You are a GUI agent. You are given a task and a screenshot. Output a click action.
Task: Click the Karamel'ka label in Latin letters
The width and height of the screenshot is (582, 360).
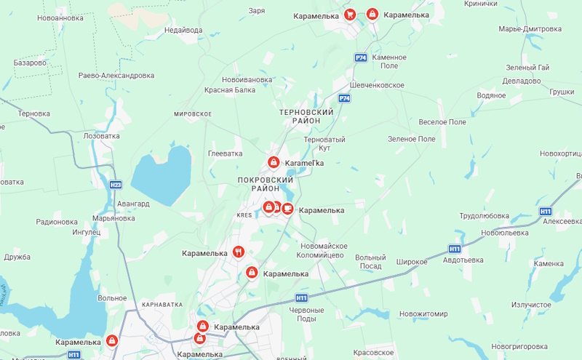[303, 163]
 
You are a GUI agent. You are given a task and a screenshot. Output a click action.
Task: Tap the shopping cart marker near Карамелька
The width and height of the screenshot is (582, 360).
[350, 14]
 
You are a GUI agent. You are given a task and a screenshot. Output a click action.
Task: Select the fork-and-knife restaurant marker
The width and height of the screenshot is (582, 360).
[238, 252]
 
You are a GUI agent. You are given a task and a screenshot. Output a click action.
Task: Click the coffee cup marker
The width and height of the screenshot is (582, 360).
[287, 209]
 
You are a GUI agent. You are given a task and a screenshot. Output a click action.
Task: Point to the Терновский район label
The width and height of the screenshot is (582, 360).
[306, 116]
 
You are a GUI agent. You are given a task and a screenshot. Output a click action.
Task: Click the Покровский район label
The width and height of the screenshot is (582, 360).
[265, 184]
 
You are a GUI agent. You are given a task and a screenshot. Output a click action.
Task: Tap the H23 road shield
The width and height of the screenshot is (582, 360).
[116, 185]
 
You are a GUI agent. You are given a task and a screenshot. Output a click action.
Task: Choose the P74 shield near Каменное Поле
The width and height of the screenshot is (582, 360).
[361, 57]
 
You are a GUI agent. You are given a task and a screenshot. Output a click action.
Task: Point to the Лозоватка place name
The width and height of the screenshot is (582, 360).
[102, 136]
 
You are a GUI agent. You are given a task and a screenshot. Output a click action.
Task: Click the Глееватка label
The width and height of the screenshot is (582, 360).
[225, 153]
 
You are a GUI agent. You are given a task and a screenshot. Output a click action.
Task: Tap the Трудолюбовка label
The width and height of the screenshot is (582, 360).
[484, 215]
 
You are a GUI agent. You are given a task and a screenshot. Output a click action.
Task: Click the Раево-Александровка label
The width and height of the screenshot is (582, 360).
[116, 75]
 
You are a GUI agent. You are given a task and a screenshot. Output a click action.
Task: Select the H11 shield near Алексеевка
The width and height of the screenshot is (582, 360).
[546, 211]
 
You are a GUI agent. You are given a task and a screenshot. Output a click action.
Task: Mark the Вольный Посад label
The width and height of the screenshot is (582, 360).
[370, 262]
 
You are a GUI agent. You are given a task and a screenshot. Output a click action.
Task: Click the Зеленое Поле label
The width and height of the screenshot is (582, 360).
[411, 139]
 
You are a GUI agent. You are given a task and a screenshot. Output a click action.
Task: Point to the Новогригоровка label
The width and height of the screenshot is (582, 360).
[519, 347]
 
